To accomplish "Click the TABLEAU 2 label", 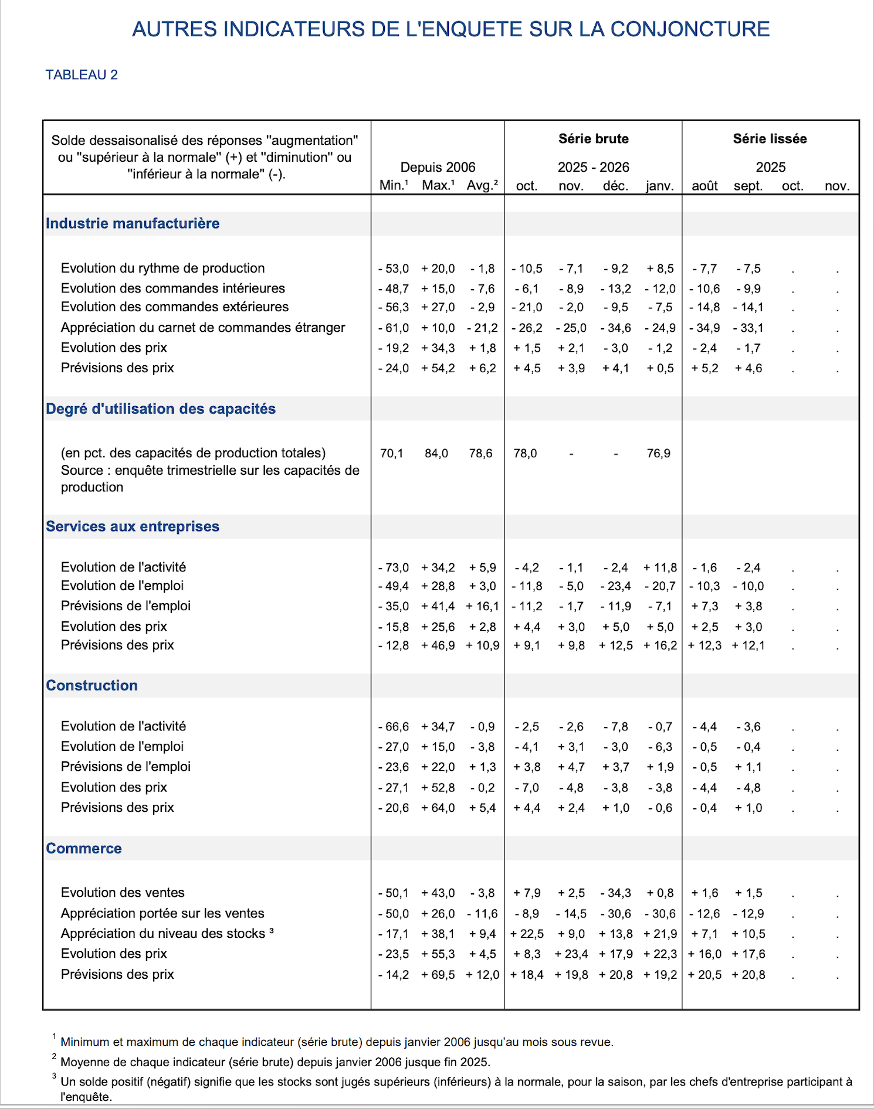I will point(82,75).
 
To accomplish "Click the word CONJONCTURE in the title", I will point(690,29).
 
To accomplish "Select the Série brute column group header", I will point(593,139).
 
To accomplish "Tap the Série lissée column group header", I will point(770,139).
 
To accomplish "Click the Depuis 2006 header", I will point(438,167).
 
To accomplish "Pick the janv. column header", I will point(660,186).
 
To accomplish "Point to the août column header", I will point(704,186).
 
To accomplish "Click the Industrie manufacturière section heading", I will point(133,223).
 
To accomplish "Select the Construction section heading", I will point(92,685).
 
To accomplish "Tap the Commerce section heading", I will point(84,848).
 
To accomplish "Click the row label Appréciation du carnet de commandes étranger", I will point(203,328).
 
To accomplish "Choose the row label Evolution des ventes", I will point(123,893).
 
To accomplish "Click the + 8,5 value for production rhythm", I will point(660,269).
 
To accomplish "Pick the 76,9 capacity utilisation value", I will point(659,454).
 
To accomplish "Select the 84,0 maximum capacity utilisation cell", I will point(436,454).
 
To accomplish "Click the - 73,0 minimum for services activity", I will point(394,568).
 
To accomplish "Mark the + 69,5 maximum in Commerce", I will point(438,975).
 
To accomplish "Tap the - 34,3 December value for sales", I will point(616,893).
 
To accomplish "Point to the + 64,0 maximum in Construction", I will point(438,808).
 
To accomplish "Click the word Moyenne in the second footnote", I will point(83,1062).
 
